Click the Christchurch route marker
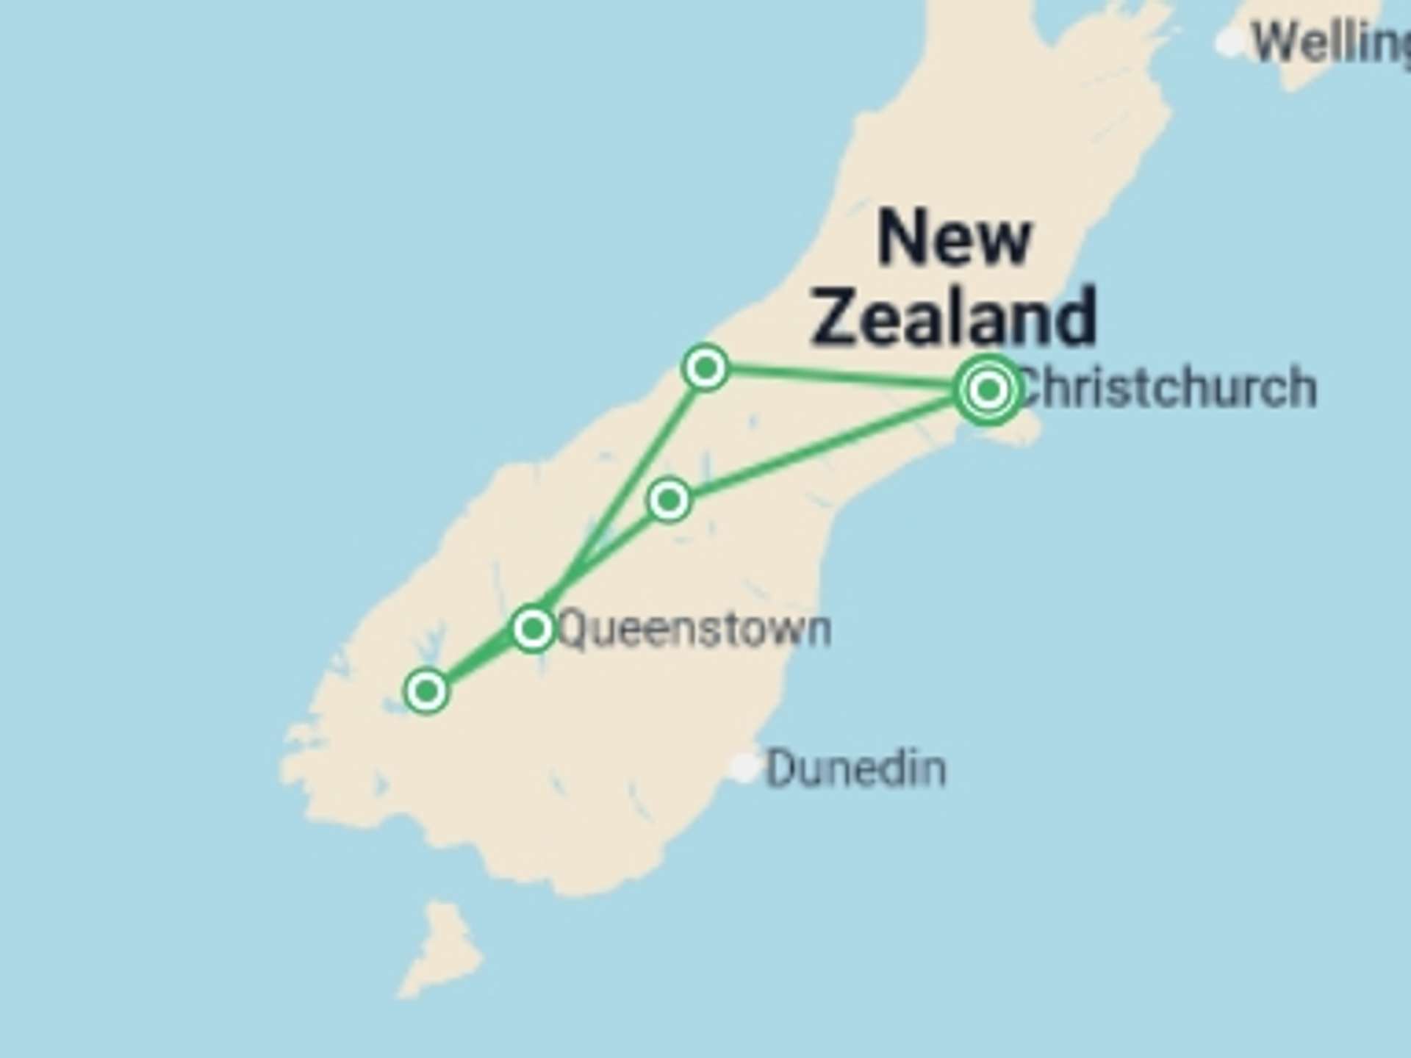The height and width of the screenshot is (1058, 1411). click(988, 389)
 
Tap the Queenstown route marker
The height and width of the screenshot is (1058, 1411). click(532, 628)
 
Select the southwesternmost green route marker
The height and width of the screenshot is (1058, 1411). click(426, 691)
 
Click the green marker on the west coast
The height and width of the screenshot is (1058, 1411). click(705, 367)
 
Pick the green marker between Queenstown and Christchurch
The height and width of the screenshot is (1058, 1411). click(669, 500)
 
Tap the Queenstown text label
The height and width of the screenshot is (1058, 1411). click(694, 630)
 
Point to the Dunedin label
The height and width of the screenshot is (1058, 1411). click(856, 769)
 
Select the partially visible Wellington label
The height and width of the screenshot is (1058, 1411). click(1330, 43)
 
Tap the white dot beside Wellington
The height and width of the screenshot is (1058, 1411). click(1229, 42)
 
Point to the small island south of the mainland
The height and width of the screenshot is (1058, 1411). click(441, 948)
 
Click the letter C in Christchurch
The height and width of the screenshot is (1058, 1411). click(1029, 388)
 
